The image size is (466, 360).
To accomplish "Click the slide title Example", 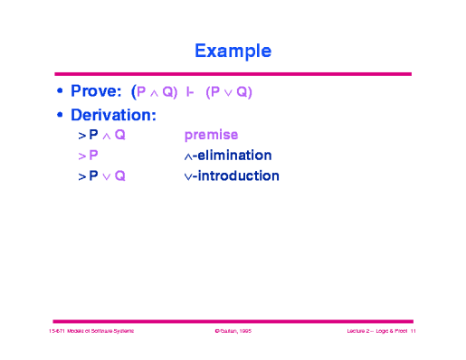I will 233,48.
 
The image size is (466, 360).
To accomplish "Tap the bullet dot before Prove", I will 60,93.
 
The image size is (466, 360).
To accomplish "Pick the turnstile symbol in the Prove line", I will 191,92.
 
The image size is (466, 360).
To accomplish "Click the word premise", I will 211,137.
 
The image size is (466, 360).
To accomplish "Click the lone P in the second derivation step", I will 94,156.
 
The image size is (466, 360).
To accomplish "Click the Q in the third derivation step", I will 120,175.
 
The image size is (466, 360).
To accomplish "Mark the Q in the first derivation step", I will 120,137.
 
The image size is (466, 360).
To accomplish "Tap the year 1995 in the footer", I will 246,333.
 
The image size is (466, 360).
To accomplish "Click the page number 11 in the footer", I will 412,333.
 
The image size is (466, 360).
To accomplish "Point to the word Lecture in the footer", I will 357,333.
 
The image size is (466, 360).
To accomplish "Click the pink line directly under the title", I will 233,74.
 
